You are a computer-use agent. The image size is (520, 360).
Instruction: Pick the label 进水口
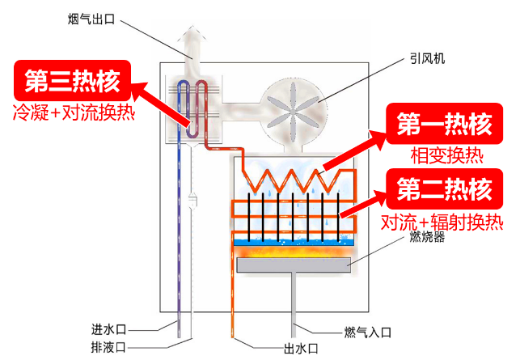point(108,329)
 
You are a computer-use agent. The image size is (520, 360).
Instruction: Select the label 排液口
point(108,348)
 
